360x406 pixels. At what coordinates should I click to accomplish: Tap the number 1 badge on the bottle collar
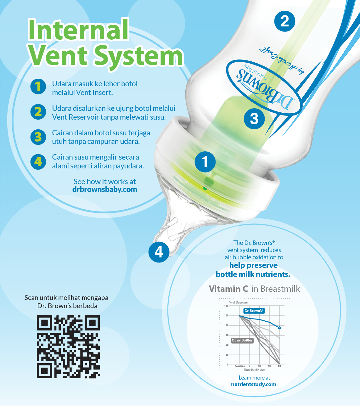[205, 162]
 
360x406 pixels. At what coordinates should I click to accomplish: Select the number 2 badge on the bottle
[284, 21]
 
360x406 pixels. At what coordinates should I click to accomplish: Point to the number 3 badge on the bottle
[254, 119]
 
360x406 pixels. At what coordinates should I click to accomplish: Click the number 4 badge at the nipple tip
[159, 252]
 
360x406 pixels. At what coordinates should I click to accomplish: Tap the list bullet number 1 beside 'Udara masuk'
[38, 87]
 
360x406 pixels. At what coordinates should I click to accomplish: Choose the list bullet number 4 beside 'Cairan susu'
[38, 162]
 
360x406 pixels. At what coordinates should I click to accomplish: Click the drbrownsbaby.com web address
[104, 189]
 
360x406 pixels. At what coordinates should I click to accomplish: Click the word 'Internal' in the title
[78, 30]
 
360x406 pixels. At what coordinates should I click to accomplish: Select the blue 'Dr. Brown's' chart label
[254, 311]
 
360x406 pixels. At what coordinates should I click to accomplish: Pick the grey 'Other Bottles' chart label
[242, 340]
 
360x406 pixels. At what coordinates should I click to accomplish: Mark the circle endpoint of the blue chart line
[279, 328]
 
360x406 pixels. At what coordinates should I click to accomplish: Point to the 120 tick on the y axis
[226, 306]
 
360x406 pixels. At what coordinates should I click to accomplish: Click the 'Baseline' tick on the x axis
[239, 366]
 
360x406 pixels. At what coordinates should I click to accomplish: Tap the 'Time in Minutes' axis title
[254, 370]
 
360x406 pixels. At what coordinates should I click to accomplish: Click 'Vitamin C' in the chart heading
[228, 289]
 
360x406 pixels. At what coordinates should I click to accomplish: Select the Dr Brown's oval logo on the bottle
[264, 87]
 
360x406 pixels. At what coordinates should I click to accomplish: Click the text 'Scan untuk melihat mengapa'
[66, 298]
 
